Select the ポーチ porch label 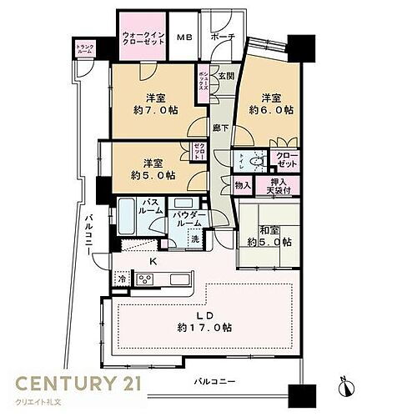coord(222,38)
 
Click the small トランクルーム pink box coord(85,50)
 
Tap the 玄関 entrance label coord(226,76)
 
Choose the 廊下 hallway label coord(219,129)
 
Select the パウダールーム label coord(186,219)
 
